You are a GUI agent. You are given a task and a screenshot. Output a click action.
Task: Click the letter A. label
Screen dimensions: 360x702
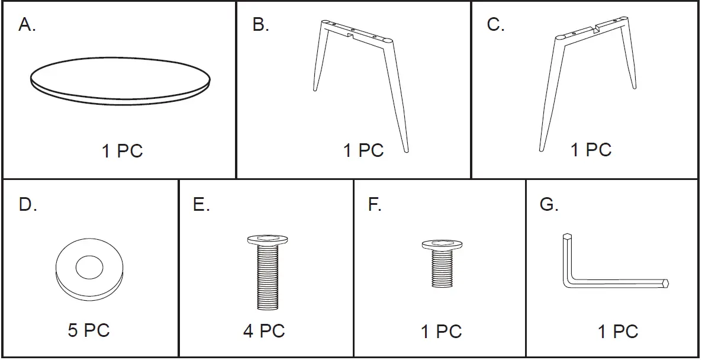(x=27, y=25)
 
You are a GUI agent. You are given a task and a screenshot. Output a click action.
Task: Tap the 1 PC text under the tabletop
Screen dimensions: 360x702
(x=122, y=151)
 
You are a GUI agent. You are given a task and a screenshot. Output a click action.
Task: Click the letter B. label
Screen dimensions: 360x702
(x=261, y=25)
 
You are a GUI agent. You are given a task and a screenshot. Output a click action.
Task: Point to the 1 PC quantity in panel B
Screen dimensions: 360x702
(x=363, y=150)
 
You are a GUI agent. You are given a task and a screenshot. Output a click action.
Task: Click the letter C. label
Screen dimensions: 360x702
(x=495, y=25)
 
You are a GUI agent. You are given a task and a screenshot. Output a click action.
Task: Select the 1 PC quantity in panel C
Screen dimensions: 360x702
(x=591, y=150)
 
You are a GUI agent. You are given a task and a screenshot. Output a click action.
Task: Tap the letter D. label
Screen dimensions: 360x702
(x=28, y=205)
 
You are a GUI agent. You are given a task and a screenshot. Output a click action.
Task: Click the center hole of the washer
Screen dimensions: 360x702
(x=89, y=267)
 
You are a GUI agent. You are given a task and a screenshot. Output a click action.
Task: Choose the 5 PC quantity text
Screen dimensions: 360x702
(x=89, y=330)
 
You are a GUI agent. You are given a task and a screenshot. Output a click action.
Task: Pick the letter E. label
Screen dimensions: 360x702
(x=201, y=205)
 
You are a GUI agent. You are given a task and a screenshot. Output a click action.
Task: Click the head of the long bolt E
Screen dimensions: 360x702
(x=267, y=240)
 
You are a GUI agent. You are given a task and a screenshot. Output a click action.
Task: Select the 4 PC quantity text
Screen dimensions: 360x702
(x=264, y=331)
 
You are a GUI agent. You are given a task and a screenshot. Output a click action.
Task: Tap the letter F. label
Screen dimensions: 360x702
(x=375, y=205)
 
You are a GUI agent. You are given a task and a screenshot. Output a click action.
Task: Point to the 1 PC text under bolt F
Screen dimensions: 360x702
(x=441, y=332)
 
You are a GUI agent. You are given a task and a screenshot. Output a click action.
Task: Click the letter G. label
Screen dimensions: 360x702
(x=549, y=205)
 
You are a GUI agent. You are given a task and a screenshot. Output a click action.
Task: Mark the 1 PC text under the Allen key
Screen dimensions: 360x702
(x=618, y=332)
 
